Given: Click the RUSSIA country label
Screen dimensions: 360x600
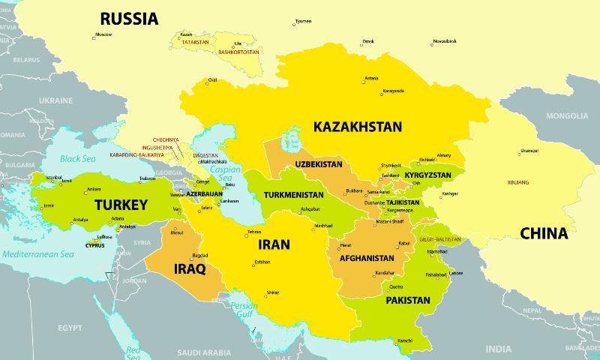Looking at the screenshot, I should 129,19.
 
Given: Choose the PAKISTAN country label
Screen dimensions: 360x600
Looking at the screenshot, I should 408,301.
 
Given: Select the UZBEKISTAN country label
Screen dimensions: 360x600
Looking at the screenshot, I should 319,164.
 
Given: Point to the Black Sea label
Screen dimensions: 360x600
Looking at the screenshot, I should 79,159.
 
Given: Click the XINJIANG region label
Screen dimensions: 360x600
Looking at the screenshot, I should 518,182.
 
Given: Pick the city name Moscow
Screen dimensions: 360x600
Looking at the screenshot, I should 103,34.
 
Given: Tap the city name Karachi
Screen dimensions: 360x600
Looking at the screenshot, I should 405,341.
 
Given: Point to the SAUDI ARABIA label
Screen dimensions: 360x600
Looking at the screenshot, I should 202,352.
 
